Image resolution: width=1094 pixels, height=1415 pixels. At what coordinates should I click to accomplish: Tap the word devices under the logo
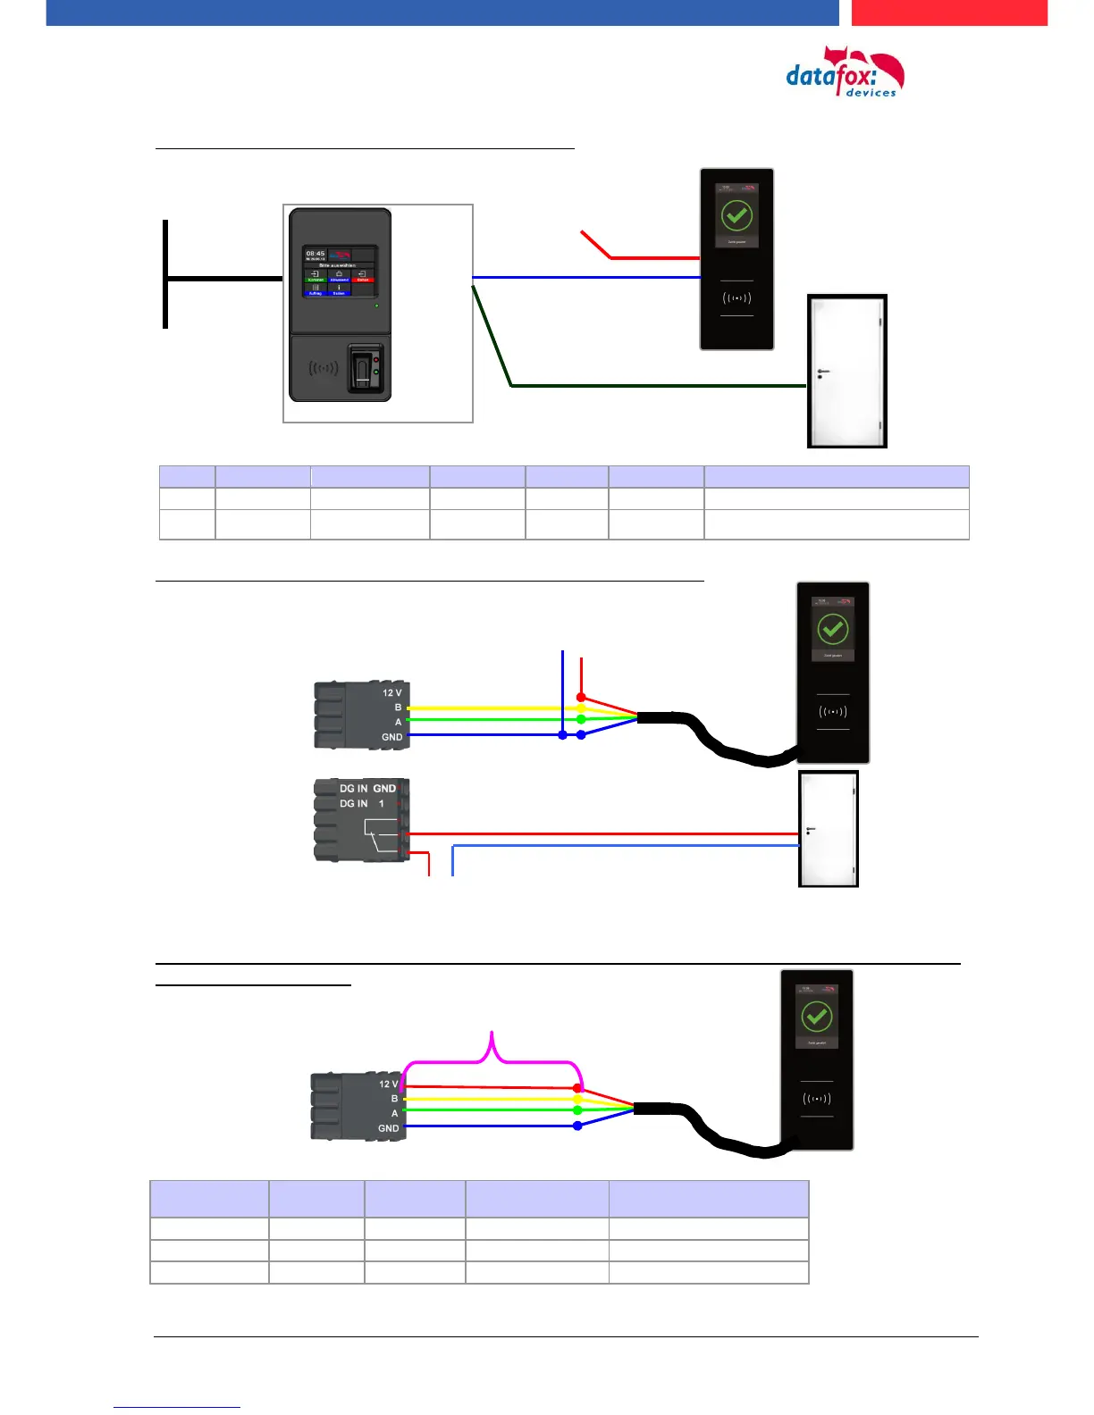tap(871, 93)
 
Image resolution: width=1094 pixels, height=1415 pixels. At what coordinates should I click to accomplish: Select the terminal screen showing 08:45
tap(340, 272)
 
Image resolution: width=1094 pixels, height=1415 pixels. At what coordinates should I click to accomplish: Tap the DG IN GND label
tap(367, 789)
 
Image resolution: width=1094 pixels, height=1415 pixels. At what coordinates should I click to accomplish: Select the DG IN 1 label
tap(361, 804)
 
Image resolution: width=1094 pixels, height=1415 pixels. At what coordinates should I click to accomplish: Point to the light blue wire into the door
tap(626, 845)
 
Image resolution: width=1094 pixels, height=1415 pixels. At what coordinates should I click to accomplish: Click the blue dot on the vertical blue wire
tap(562, 734)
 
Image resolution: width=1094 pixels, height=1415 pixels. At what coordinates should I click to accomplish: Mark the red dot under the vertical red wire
tap(581, 697)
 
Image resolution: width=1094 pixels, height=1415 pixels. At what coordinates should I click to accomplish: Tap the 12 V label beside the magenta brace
tap(389, 1084)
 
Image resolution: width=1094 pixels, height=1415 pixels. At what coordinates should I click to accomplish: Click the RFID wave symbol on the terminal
tap(323, 367)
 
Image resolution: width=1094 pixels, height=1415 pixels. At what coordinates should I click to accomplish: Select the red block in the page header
tap(949, 13)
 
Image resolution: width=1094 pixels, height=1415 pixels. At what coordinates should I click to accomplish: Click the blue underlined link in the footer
tap(177, 1407)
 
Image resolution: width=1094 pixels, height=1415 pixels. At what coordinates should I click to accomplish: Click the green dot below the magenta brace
tap(577, 1110)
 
